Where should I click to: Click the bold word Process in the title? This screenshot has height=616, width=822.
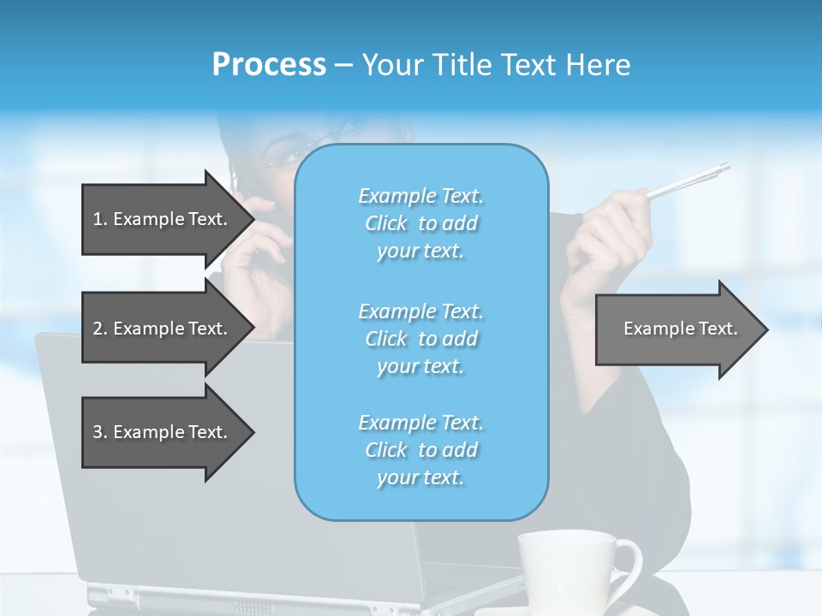tap(269, 65)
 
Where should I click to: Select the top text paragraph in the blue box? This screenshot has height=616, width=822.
tap(420, 223)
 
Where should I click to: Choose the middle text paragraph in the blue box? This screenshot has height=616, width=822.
tap(420, 339)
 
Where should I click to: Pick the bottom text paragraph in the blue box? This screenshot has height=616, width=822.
tap(420, 450)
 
